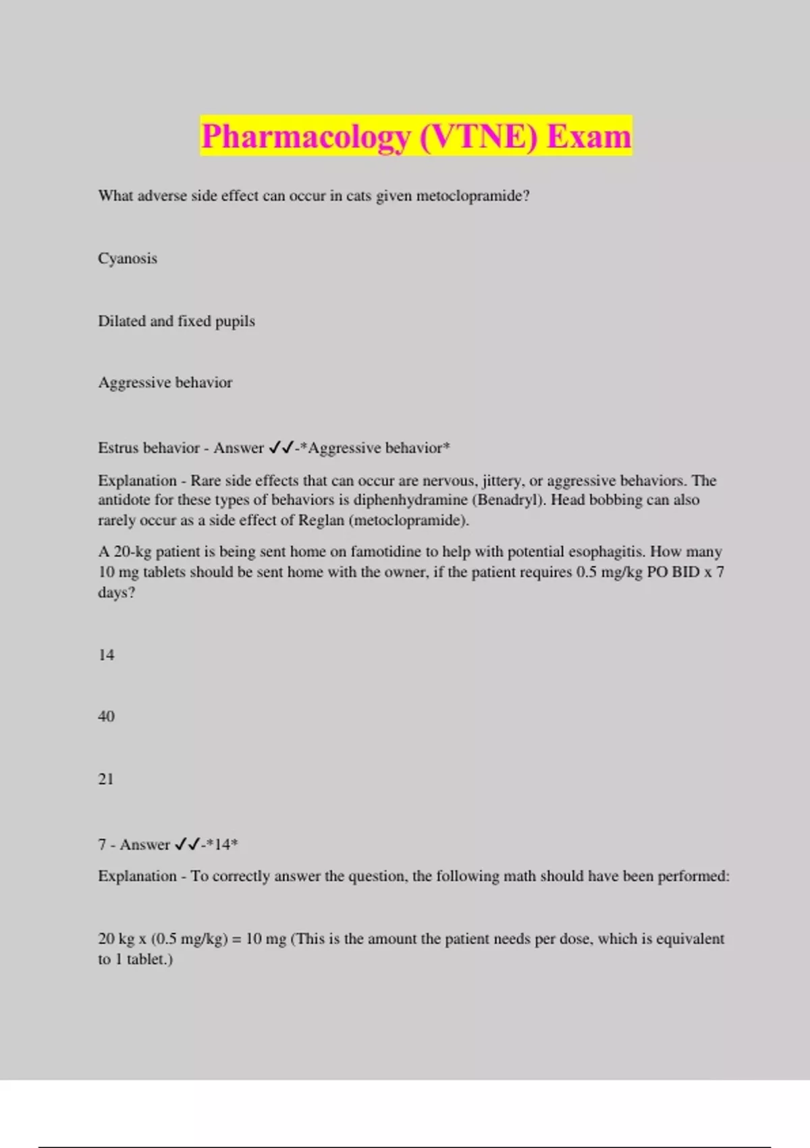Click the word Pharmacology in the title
306,136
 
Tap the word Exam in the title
589,136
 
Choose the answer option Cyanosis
128,259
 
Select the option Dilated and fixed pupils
176,321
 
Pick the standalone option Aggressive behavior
165,383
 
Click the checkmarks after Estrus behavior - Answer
281,448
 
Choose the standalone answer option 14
106,655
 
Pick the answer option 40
106,716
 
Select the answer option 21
106,779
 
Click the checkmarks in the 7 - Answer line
187,845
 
